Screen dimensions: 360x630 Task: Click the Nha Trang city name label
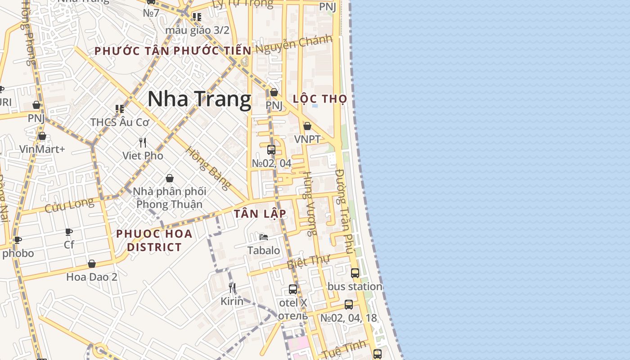(199, 99)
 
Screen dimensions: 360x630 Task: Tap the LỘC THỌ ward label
(320, 99)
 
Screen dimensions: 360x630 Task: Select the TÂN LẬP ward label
(260, 214)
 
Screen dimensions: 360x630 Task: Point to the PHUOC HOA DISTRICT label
(154, 240)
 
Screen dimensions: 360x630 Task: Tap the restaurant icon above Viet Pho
(143, 143)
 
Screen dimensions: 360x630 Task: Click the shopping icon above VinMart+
(42, 136)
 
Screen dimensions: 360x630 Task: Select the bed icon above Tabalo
(264, 237)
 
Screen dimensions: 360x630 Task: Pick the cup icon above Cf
(69, 232)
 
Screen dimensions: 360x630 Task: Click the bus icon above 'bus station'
(355, 273)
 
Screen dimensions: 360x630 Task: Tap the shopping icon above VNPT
(307, 126)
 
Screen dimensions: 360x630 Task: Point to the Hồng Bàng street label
(208, 168)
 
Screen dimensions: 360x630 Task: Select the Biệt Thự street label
(309, 261)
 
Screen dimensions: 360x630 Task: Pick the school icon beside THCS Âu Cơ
(119, 109)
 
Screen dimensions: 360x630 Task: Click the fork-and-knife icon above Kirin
(232, 288)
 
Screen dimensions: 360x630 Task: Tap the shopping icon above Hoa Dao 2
(92, 264)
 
